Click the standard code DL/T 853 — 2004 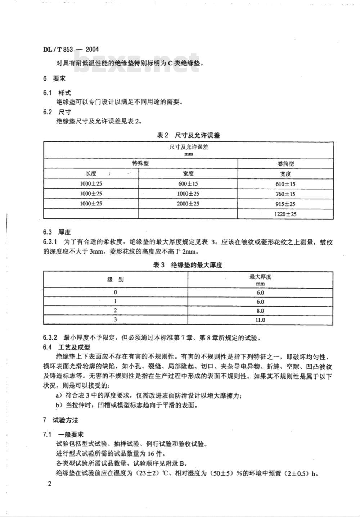[71, 49]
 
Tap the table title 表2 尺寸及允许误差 [188, 135]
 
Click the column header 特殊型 [140, 163]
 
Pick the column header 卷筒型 [285, 163]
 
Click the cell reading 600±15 [188, 183]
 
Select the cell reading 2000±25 [188, 204]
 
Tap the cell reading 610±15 [285, 184]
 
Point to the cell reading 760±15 [285, 194]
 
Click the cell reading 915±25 [285, 204]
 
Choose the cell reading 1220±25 [285, 214]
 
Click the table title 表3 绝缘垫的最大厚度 [188, 265]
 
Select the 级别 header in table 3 [115, 280]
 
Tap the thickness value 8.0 [260, 311]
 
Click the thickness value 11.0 [260, 320]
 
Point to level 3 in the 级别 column [115, 319]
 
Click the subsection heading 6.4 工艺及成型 [67, 347]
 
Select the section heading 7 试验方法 [60, 420]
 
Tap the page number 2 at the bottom [50, 483]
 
